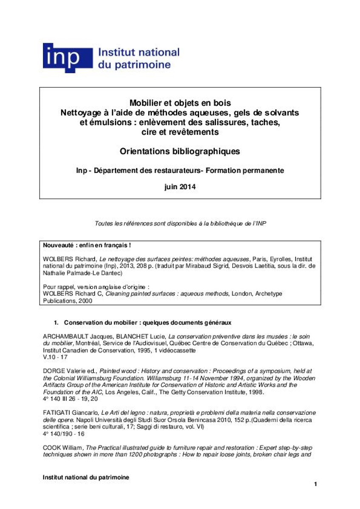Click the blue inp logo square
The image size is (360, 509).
[67, 58]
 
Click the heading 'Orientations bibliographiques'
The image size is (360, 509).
[180, 151]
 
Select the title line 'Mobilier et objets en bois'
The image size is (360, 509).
[180, 103]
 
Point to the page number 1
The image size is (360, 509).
[315, 484]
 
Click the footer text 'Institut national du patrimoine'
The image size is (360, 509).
[86, 477]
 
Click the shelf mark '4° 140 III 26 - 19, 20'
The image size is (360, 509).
[70, 399]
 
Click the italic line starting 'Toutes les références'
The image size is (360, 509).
[180, 223]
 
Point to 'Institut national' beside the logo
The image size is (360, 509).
[139, 53]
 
